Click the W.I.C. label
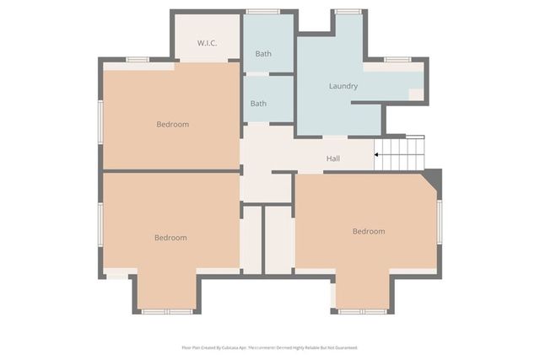pos(208,42)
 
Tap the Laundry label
pos(343,86)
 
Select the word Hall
pos(333,159)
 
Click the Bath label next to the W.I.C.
pos(263,54)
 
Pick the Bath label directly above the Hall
pos(258,104)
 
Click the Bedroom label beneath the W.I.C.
pos(172,125)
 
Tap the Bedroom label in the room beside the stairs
pos(368,231)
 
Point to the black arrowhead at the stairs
pos(377,154)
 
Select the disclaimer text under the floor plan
pos(269,347)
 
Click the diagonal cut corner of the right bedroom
pos(432,180)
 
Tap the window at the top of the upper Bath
pos(262,11)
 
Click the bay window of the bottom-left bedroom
pos(166,312)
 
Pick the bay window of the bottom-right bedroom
pos(363,312)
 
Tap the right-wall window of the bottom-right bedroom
pos(440,223)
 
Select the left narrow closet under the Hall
pos(251,239)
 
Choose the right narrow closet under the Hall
pos(278,239)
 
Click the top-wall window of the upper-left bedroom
pos(138,59)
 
